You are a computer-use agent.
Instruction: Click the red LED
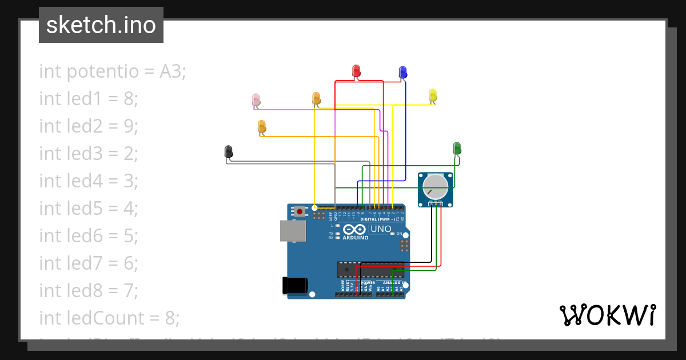pyautogui.click(x=356, y=70)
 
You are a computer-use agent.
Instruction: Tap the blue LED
pyautogui.click(x=402, y=72)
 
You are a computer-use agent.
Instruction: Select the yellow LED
pyautogui.click(x=433, y=95)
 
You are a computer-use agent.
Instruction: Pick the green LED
pyautogui.click(x=457, y=148)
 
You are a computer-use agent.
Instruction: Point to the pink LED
pyautogui.click(x=256, y=100)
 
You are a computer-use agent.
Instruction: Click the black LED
pyautogui.click(x=229, y=151)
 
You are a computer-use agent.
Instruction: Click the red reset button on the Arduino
pyautogui.click(x=300, y=212)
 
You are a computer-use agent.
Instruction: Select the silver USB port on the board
pyautogui.click(x=292, y=230)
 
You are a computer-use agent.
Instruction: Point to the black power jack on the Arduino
pyautogui.click(x=295, y=285)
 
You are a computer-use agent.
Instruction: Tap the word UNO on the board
pyautogui.click(x=381, y=229)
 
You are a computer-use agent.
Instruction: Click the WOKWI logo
pyautogui.click(x=607, y=315)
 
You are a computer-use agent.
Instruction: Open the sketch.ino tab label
pyautogui.click(x=101, y=25)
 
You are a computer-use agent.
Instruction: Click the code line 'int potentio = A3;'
pyautogui.click(x=113, y=71)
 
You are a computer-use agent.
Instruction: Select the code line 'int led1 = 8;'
pyautogui.click(x=89, y=99)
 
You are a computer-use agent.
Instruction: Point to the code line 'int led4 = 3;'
pyautogui.click(x=89, y=181)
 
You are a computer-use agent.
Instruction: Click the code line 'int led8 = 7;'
pyautogui.click(x=89, y=290)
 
